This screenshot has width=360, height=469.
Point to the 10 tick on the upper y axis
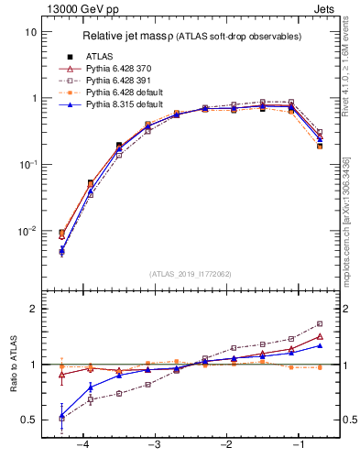(x=30, y=32)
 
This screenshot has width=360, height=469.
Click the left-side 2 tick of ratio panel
(x=32, y=309)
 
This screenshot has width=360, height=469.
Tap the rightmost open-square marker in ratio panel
(x=320, y=323)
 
